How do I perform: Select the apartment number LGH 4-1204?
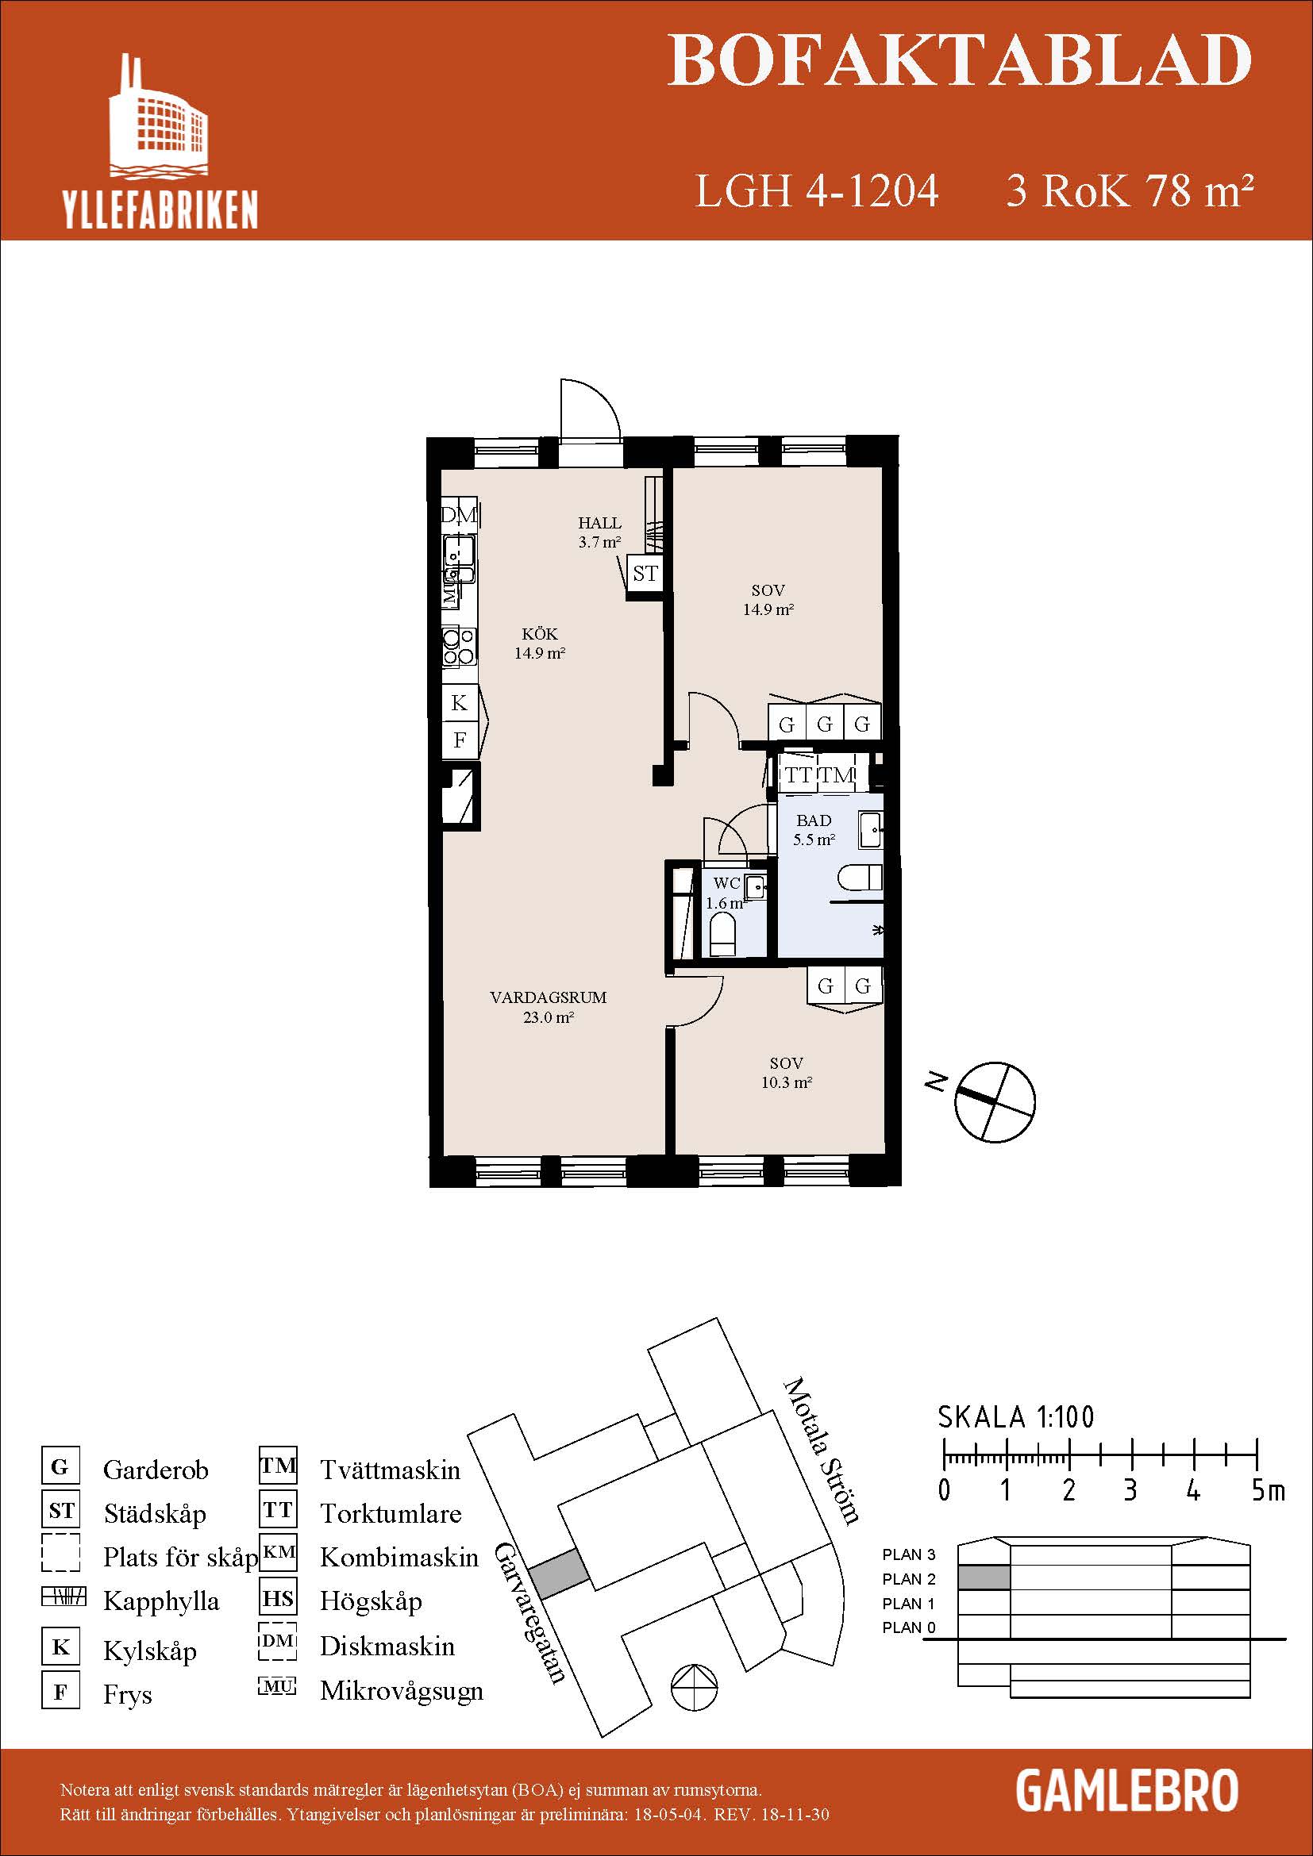(817, 191)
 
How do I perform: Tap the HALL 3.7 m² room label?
(599, 532)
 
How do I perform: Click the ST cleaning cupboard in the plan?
(645, 574)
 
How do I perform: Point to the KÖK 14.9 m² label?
(539, 644)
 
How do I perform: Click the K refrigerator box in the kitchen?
(458, 703)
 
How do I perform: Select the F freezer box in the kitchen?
(459, 740)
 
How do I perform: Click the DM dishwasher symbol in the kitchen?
(459, 514)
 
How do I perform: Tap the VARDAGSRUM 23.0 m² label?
(549, 1007)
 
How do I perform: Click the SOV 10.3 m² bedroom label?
(786, 1073)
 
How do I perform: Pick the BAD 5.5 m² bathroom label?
(814, 829)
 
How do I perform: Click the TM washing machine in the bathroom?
(838, 775)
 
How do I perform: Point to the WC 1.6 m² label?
(726, 893)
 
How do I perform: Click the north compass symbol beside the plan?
(995, 1101)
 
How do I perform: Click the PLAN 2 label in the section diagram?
(908, 1579)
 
